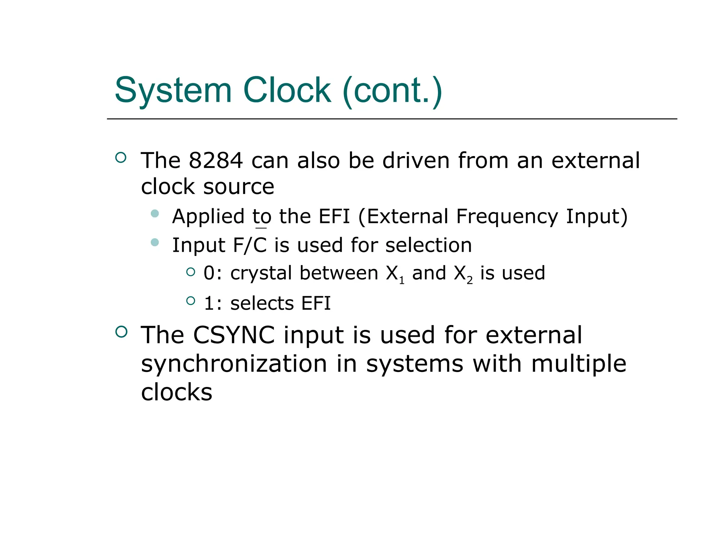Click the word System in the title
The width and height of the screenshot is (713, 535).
coord(173,91)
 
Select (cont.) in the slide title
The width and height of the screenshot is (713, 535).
coord(392,91)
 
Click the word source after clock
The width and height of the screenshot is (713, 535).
coord(239,187)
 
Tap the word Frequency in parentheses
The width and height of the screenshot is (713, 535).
coord(507,217)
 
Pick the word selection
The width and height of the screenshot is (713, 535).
coord(429,245)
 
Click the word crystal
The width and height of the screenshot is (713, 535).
coord(261,273)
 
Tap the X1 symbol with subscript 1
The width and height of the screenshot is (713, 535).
coord(395,274)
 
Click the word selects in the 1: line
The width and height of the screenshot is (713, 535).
coord(262,303)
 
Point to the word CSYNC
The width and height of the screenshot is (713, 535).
coord(234,335)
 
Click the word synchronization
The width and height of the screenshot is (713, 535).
coord(234,364)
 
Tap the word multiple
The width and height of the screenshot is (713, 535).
coord(579,364)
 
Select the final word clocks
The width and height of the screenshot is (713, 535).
coord(177,392)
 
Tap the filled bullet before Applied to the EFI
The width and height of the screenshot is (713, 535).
coord(155,213)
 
